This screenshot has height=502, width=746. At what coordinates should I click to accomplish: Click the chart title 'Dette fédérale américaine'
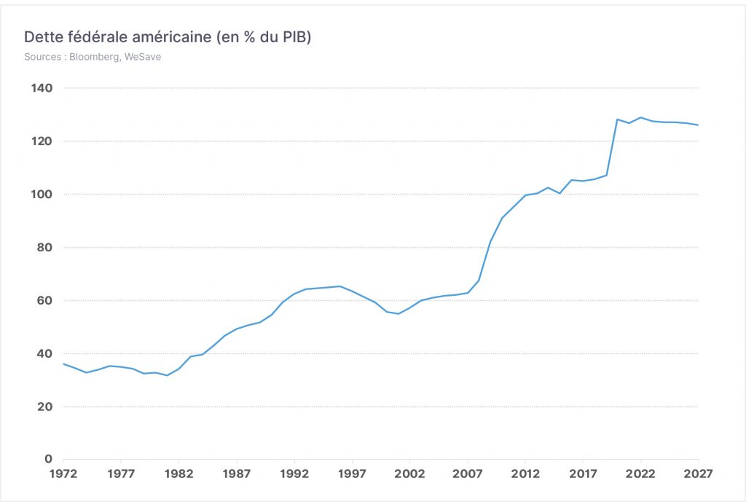pyautogui.click(x=117, y=37)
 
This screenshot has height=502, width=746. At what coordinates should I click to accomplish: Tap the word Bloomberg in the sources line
pyautogui.click(x=95, y=57)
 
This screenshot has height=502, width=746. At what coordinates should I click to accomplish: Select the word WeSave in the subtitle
pyautogui.click(x=143, y=57)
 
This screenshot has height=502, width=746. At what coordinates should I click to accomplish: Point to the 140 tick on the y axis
pyautogui.click(x=42, y=88)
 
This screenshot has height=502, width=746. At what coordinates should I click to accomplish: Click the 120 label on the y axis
pyautogui.click(x=42, y=141)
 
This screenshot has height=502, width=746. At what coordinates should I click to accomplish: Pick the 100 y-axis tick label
pyautogui.click(x=42, y=194)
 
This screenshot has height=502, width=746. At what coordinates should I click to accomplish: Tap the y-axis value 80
pyautogui.click(x=44, y=248)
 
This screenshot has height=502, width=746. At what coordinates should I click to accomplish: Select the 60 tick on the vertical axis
pyautogui.click(x=44, y=301)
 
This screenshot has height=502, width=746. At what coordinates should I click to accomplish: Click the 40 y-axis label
pyautogui.click(x=44, y=353)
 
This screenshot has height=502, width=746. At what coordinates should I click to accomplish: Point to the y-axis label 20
pyautogui.click(x=44, y=407)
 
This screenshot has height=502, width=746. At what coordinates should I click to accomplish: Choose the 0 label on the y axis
pyautogui.click(x=49, y=459)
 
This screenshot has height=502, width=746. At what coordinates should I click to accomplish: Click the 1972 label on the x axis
pyautogui.click(x=63, y=474)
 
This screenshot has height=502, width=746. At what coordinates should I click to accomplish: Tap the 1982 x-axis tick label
pyautogui.click(x=179, y=474)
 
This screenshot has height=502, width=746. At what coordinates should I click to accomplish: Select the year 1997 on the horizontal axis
pyautogui.click(x=352, y=474)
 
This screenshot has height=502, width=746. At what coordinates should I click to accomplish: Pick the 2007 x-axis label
pyautogui.click(x=467, y=474)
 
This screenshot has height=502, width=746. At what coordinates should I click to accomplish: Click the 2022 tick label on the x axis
pyautogui.click(x=640, y=474)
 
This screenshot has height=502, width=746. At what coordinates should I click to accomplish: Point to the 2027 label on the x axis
pyautogui.click(x=698, y=474)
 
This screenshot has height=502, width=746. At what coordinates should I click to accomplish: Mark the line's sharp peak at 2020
pyautogui.click(x=618, y=119)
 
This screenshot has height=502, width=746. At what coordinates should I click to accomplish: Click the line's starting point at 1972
pyautogui.click(x=63, y=364)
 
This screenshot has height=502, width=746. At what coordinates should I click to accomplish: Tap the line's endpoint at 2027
pyautogui.click(x=699, y=125)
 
